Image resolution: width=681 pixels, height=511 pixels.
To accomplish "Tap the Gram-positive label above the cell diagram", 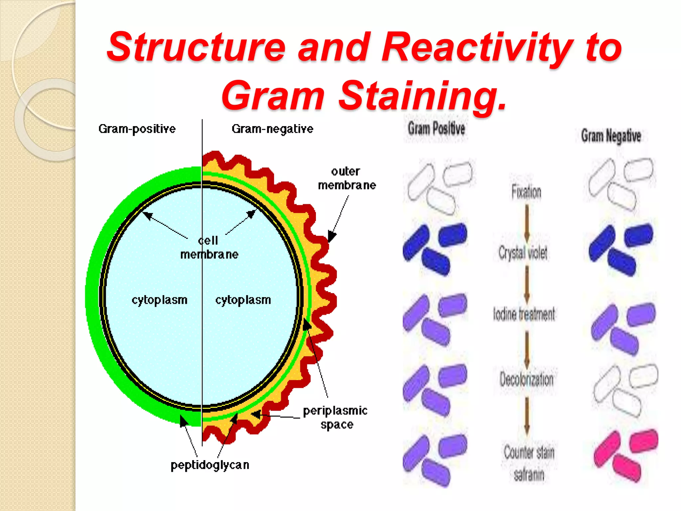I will [x=137, y=129].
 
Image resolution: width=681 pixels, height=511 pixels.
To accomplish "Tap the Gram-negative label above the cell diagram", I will [x=272, y=129].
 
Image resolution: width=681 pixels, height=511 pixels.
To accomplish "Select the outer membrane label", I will [x=346, y=178].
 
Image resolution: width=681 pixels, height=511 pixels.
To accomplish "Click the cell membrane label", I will [x=209, y=248].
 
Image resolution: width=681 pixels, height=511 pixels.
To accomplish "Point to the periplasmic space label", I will [x=335, y=417].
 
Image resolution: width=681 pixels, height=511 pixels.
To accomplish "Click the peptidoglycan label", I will [x=210, y=465].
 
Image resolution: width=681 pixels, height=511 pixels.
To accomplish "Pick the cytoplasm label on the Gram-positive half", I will [x=159, y=300].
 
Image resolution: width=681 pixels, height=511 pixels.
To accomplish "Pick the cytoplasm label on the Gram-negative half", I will [x=243, y=300].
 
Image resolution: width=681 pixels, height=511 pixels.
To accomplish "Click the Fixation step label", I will [x=526, y=192].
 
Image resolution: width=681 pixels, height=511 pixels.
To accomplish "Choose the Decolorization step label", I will [x=526, y=380].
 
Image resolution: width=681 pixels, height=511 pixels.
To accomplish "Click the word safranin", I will [x=529, y=475].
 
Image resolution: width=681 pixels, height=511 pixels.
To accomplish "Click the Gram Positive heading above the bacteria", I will [x=436, y=128].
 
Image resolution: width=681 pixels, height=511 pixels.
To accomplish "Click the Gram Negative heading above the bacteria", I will [x=611, y=136].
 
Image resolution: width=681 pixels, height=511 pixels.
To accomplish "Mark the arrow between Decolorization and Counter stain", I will [x=527, y=416].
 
